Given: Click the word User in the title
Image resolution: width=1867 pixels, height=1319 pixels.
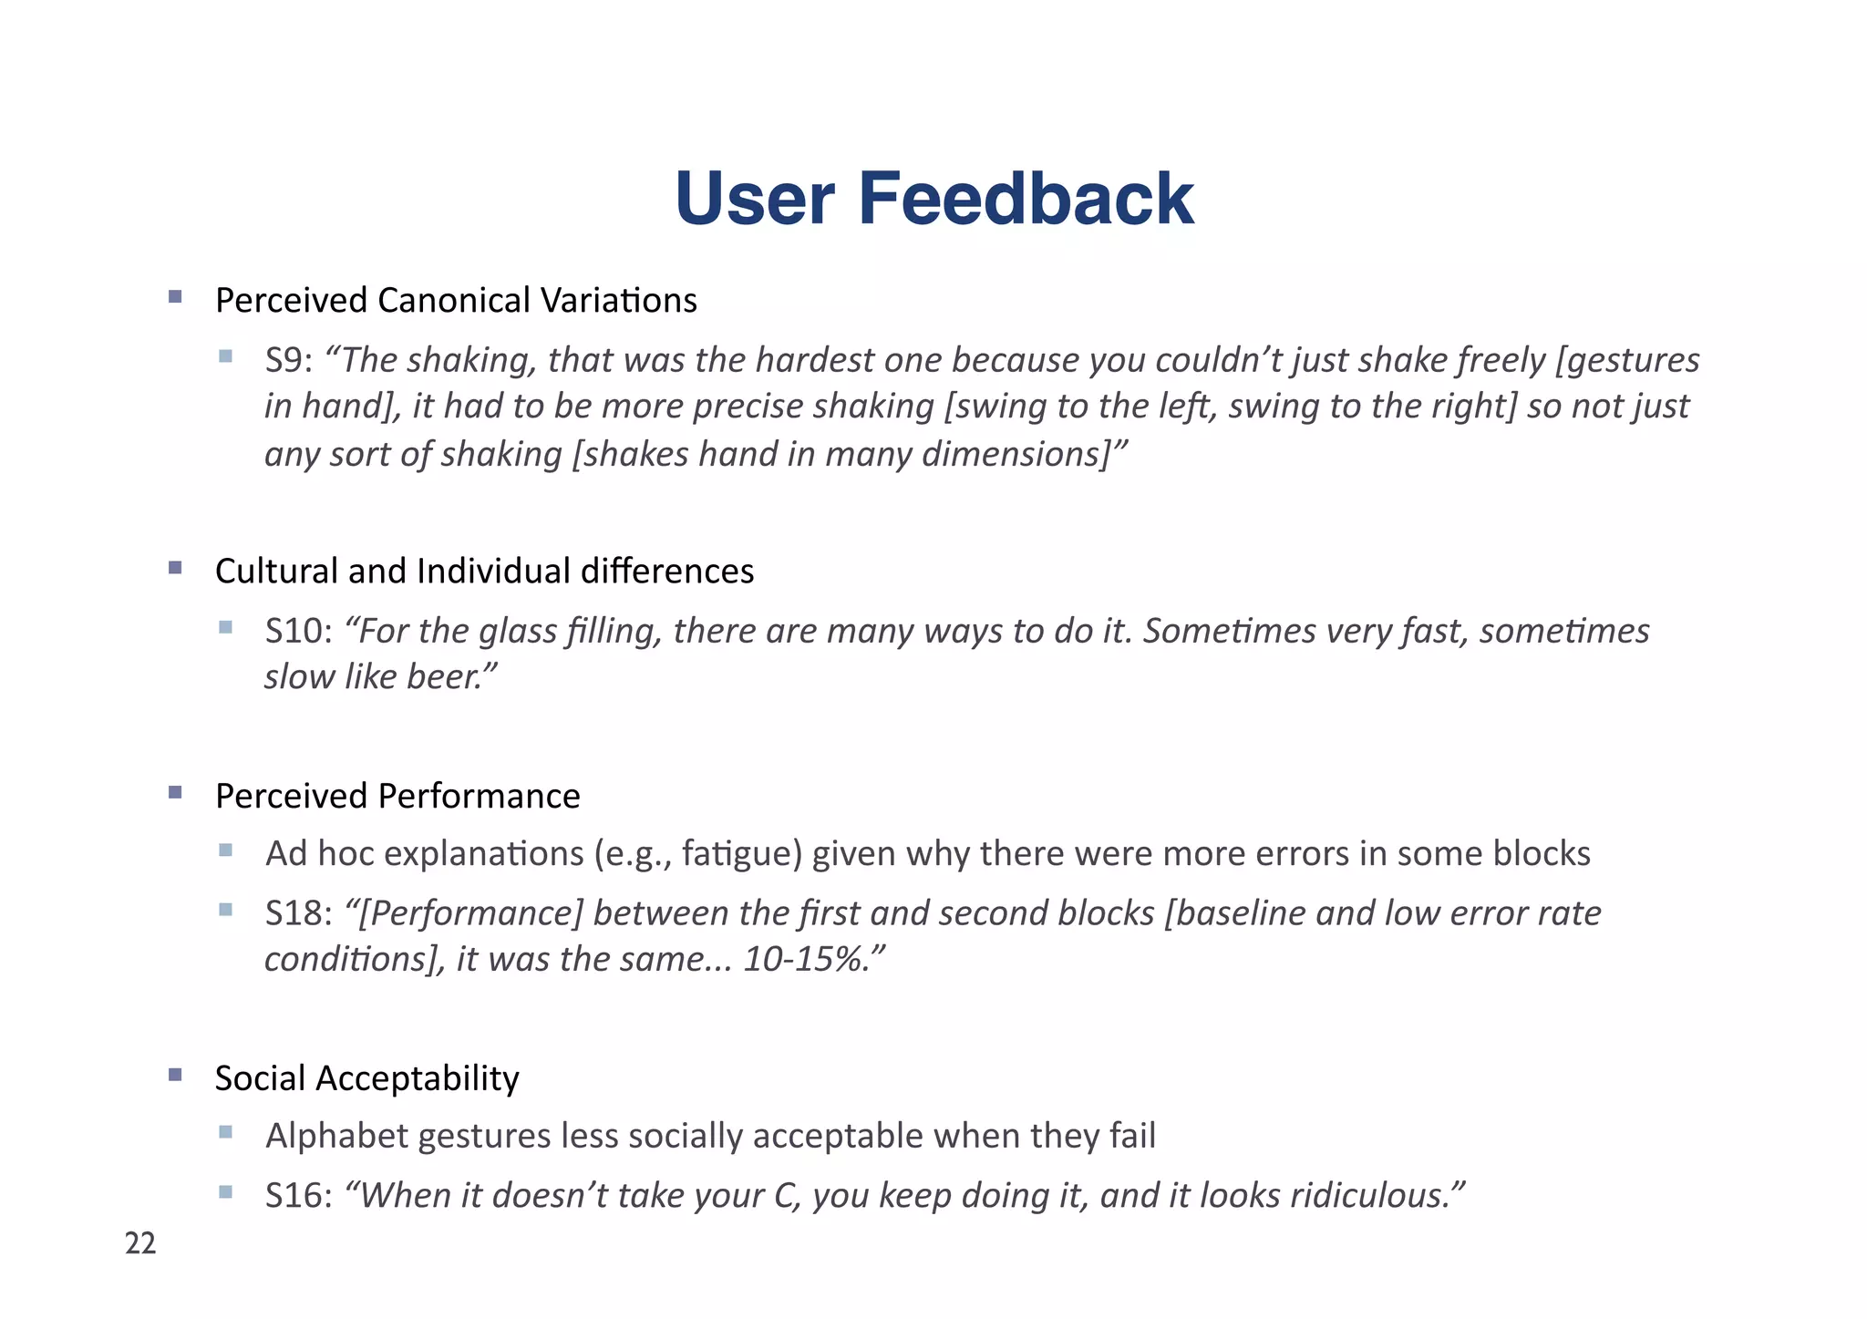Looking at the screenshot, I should tap(755, 199).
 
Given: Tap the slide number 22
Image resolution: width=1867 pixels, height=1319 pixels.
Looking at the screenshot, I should tap(140, 1243).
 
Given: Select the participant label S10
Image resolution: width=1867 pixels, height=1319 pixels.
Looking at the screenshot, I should tap(294, 632).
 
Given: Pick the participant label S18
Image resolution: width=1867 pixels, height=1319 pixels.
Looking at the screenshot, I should tap(294, 913).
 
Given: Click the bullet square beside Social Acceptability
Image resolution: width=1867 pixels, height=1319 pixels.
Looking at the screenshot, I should tap(176, 1075).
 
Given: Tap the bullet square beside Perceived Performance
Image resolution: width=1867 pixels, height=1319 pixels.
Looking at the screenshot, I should tap(176, 792).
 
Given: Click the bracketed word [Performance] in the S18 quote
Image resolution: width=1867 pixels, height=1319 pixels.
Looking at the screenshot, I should tap(469, 913).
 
